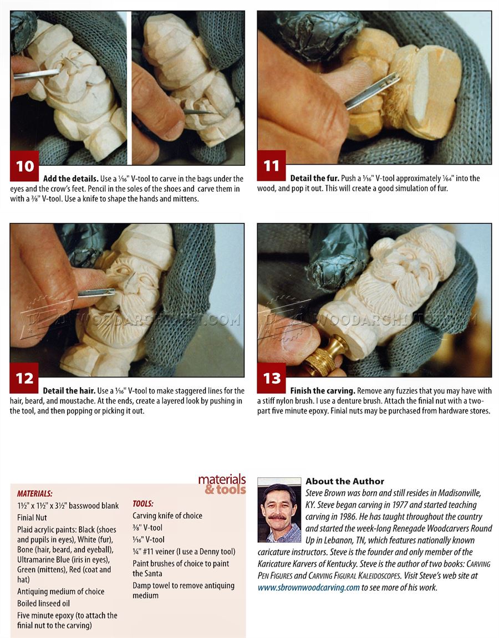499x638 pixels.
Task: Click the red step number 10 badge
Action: point(24,166)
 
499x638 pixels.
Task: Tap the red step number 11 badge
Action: point(272,166)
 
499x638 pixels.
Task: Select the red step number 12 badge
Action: point(24,378)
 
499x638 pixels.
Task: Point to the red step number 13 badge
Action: point(272,378)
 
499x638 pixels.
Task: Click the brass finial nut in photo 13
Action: point(325,355)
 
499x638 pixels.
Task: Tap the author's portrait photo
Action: point(279,510)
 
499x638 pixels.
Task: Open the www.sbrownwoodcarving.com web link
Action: point(308,588)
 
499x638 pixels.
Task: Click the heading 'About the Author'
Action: point(345,481)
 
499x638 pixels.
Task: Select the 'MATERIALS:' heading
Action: point(34,493)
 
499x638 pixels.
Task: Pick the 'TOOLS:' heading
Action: point(143,504)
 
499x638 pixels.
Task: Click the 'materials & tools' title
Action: point(222,484)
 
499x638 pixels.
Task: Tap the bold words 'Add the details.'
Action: point(70,178)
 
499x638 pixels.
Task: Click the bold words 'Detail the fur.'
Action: point(314,178)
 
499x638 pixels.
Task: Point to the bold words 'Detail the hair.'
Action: point(69,391)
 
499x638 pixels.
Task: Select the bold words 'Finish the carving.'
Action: point(322,391)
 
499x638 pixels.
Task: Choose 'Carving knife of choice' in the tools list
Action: point(167,515)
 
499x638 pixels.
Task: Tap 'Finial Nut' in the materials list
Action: point(32,518)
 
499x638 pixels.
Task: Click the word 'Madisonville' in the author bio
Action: point(460,493)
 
